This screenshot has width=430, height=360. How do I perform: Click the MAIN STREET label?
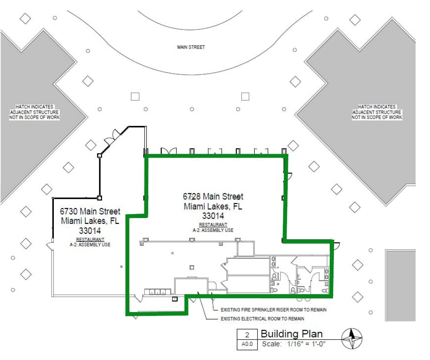(191, 47)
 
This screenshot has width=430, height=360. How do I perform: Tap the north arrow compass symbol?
(352, 338)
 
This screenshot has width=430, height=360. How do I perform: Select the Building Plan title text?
(292, 334)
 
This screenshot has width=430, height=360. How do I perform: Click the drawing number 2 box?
(247, 335)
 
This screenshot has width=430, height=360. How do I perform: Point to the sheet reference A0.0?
(247, 344)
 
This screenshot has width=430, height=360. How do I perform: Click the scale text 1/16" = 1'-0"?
(306, 344)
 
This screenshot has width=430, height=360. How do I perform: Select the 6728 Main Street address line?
(213, 196)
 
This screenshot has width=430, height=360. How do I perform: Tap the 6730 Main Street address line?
(90, 211)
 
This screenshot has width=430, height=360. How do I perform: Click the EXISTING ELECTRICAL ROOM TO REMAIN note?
(262, 319)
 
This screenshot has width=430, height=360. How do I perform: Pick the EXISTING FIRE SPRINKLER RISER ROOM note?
(273, 310)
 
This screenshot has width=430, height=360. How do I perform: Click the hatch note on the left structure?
(34, 112)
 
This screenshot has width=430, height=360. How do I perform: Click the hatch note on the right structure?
(377, 112)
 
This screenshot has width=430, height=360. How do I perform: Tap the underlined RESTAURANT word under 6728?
(213, 225)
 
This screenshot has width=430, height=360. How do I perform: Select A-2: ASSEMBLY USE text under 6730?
(90, 245)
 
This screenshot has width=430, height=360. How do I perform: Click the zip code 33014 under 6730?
(90, 231)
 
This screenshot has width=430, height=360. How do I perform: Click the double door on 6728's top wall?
(168, 151)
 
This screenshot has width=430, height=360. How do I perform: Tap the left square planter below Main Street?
(135, 97)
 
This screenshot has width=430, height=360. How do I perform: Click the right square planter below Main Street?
(245, 97)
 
